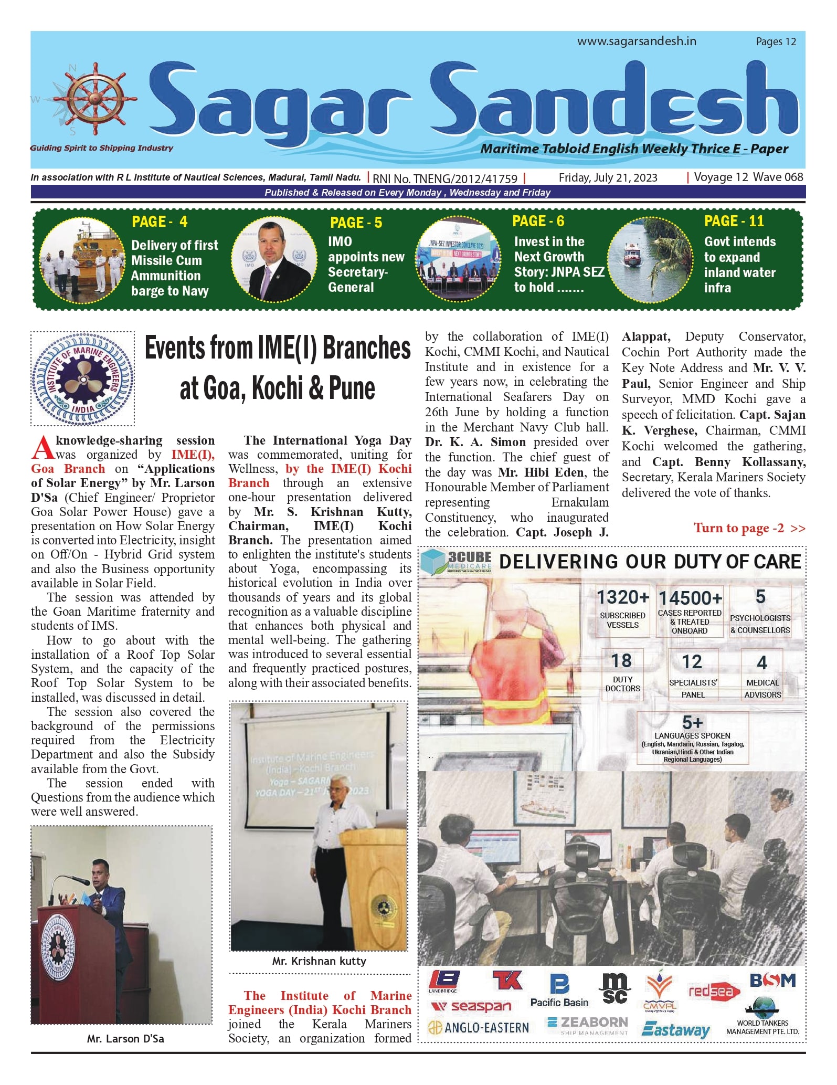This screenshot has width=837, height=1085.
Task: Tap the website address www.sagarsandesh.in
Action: tap(637, 41)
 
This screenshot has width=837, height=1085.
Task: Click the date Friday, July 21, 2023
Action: tap(608, 178)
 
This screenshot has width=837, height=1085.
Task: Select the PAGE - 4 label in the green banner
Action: tap(160, 222)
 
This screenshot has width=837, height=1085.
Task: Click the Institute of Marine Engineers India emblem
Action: tap(82, 378)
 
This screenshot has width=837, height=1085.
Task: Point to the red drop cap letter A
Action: tap(42, 448)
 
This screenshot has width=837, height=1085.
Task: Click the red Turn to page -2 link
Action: tap(749, 528)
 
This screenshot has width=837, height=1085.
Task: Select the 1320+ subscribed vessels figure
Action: tap(623, 597)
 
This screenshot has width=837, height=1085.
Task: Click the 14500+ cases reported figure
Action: tap(690, 598)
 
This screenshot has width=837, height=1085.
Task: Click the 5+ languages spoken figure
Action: tap(692, 722)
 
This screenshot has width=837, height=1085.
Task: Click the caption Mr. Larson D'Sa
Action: tap(125, 1039)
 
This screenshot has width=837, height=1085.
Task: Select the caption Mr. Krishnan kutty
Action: tap(319, 961)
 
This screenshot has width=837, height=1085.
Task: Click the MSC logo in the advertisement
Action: tap(614, 988)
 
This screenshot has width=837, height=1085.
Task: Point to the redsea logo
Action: tap(714, 991)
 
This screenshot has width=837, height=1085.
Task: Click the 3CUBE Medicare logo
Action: tap(457, 561)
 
